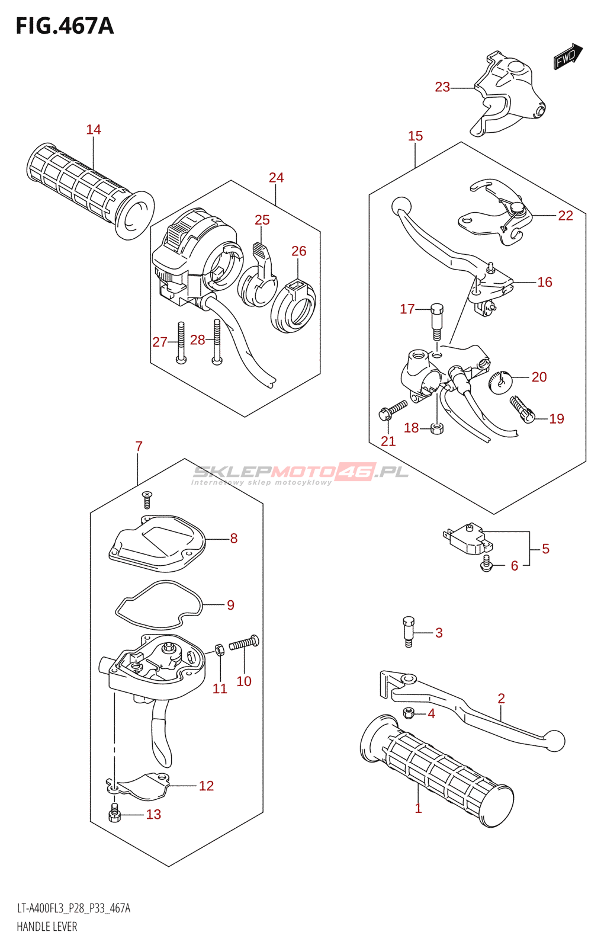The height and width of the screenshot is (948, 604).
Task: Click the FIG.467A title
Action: coord(65,26)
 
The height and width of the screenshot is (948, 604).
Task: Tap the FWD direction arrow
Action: coord(567,57)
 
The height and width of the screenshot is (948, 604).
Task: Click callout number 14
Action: coord(94,130)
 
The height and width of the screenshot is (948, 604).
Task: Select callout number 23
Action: coord(442,87)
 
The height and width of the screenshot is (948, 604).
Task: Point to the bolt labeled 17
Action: coord(437,321)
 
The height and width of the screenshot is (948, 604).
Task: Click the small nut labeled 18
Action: coord(437,428)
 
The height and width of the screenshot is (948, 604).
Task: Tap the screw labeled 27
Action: coord(181,342)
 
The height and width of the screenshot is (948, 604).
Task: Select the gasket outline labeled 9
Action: coord(158,605)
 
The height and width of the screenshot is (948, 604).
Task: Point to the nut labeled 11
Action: coord(219,649)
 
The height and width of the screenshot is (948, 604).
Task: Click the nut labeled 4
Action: coord(408,713)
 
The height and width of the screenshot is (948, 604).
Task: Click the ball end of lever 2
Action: coord(555,741)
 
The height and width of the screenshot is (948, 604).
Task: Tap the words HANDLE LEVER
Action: coord(47,927)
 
